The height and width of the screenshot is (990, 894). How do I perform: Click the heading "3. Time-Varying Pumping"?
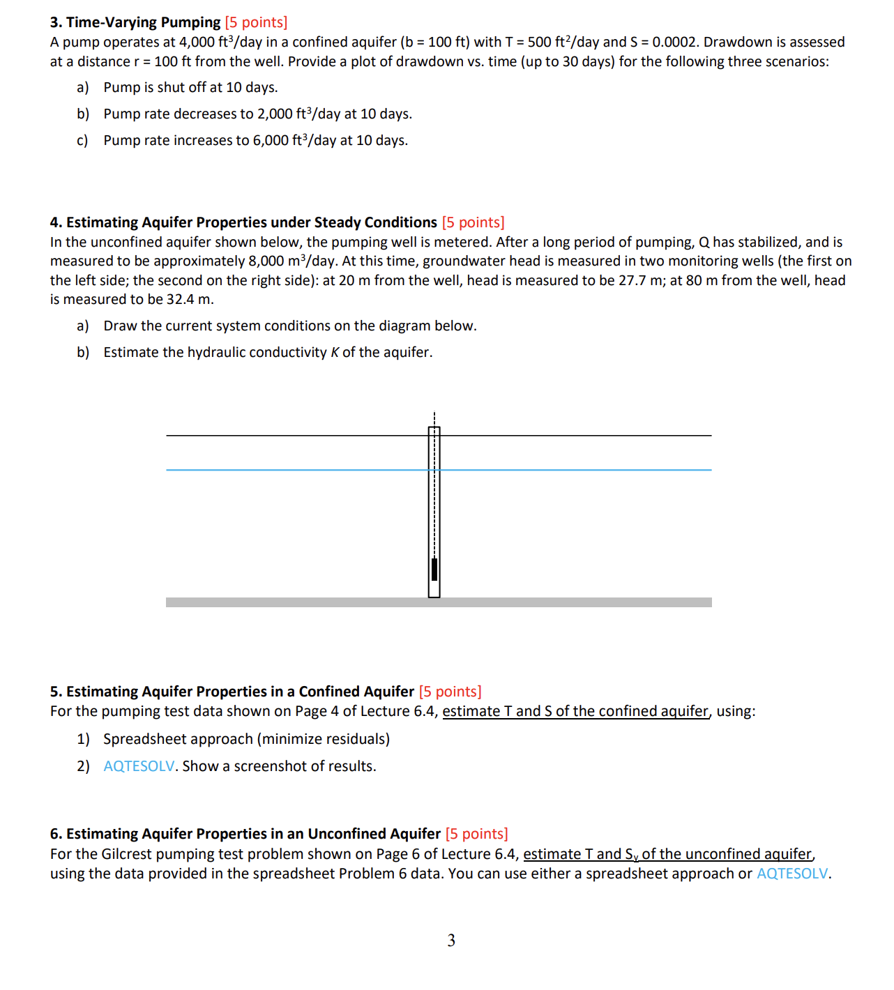(135, 22)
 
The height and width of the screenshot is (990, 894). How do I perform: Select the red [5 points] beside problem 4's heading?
(473, 222)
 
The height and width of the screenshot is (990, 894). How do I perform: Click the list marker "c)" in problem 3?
(83, 140)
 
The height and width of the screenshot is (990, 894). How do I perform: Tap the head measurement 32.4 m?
(190, 299)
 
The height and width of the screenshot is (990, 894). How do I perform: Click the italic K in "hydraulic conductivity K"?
(335, 352)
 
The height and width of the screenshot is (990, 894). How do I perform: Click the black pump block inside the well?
(434, 569)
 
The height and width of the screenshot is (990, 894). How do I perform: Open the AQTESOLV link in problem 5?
(139, 766)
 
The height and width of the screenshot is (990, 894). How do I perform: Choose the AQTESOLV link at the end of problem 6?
(792, 874)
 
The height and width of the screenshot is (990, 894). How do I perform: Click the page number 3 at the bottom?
(451, 940)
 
